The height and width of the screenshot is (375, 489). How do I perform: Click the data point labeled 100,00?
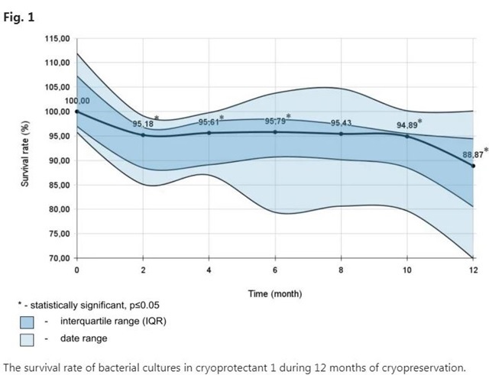(76, 112)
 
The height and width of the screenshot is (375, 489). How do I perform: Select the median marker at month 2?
(143, 135)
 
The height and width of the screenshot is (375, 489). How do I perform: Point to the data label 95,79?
(275, 121)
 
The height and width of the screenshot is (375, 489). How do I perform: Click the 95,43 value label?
(341, 123)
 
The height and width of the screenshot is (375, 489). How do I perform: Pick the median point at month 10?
(407, 136)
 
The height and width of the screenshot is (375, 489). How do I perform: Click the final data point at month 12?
(473, 166)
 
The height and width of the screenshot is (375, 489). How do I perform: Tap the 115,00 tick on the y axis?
(58, 38)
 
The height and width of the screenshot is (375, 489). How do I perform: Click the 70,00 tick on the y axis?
(58, 258)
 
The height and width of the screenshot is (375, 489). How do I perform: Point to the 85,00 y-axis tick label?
(58, 185)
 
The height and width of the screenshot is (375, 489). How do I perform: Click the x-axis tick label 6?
(275, 271)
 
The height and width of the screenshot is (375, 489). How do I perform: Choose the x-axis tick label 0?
(76, 271)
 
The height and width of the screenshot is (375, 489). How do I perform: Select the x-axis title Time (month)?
(275, 293)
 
